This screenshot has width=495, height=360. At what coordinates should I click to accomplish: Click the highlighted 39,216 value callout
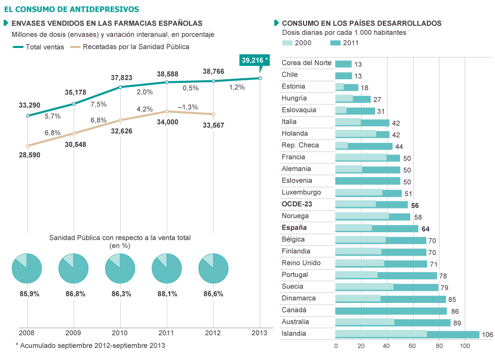click(255, 61)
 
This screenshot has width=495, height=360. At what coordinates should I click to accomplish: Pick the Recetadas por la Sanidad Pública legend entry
click(129, 47)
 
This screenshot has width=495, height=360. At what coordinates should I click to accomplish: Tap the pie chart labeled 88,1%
click(167, 268)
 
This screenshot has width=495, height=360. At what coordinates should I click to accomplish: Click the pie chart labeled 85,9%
click(26, 268)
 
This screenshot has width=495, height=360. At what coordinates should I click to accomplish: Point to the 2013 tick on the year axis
click(260, 333)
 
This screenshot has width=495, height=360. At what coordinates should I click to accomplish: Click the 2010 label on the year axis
click(120, 333)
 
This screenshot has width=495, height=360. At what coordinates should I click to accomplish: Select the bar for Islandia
click(407, 334)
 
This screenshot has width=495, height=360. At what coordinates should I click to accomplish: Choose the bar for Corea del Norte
click(343, 64)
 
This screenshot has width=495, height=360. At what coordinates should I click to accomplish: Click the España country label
click(293, 228)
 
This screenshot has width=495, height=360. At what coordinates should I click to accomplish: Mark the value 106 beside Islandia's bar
click(487, 334)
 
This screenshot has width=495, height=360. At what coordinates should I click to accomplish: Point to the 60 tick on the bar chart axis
click(413, 346)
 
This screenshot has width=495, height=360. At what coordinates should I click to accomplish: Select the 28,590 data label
click(29, 155)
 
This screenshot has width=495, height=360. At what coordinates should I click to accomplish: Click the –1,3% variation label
click(187, 107)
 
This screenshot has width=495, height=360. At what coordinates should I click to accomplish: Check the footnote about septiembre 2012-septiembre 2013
click(90, 345)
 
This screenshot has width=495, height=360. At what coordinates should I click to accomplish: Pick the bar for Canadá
click(391, 311)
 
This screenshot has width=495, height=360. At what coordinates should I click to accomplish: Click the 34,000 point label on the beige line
click(167, 122)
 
